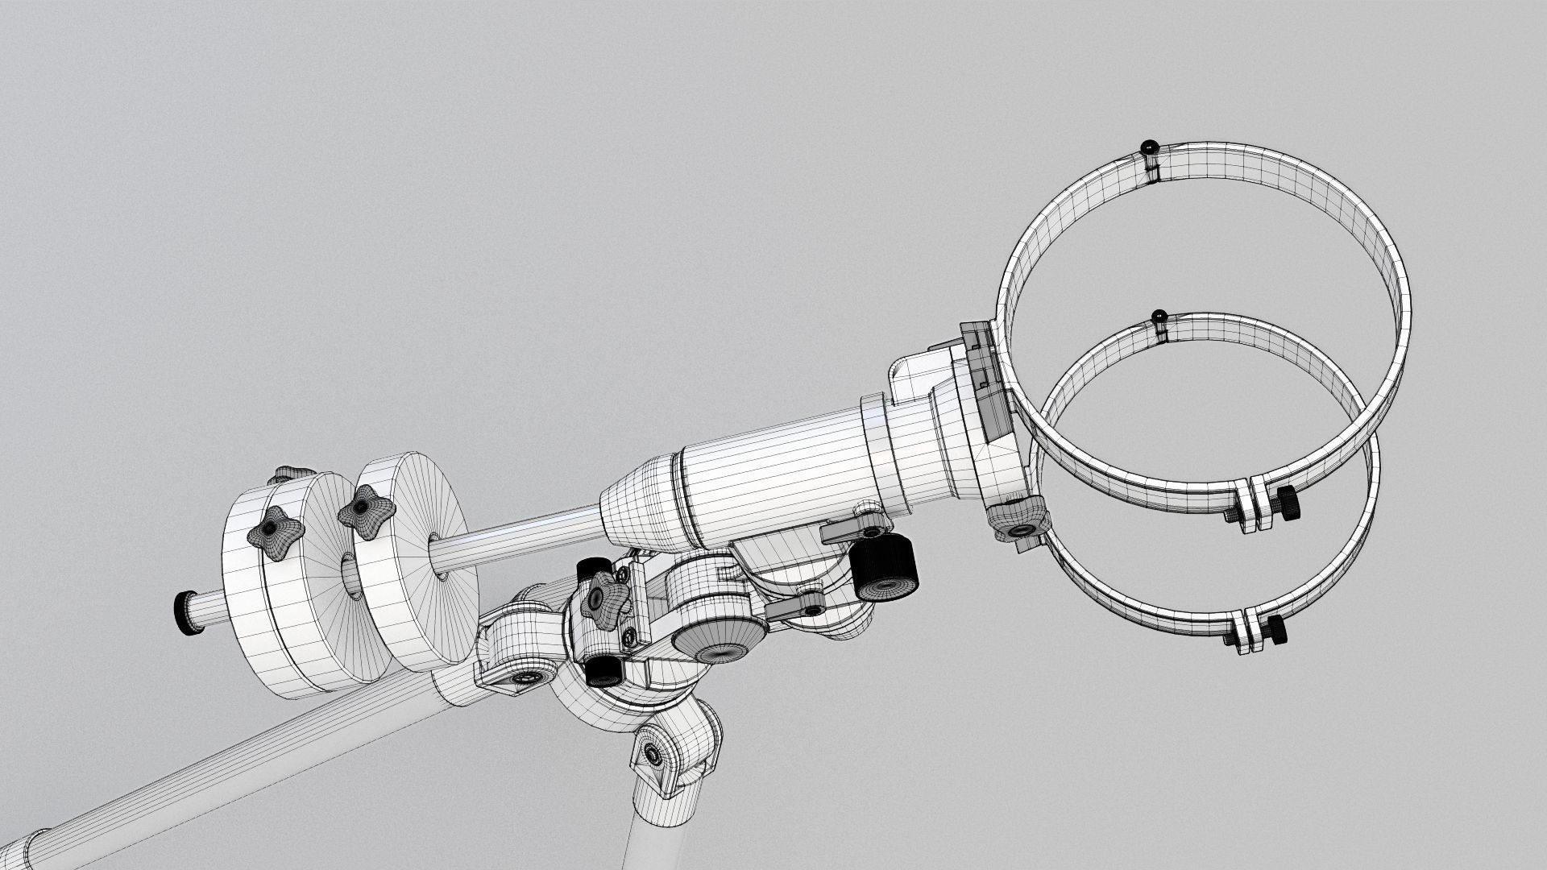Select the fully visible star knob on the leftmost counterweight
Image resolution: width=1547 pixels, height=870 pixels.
[x=275, y=534]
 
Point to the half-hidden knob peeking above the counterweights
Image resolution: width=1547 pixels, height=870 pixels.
[x=288, y=474]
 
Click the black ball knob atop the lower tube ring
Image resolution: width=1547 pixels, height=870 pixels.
[x=1160, y=317]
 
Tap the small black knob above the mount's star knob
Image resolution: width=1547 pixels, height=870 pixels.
[x=594, y=567]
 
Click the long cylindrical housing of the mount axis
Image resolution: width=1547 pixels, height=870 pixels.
[x=773, y=475]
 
